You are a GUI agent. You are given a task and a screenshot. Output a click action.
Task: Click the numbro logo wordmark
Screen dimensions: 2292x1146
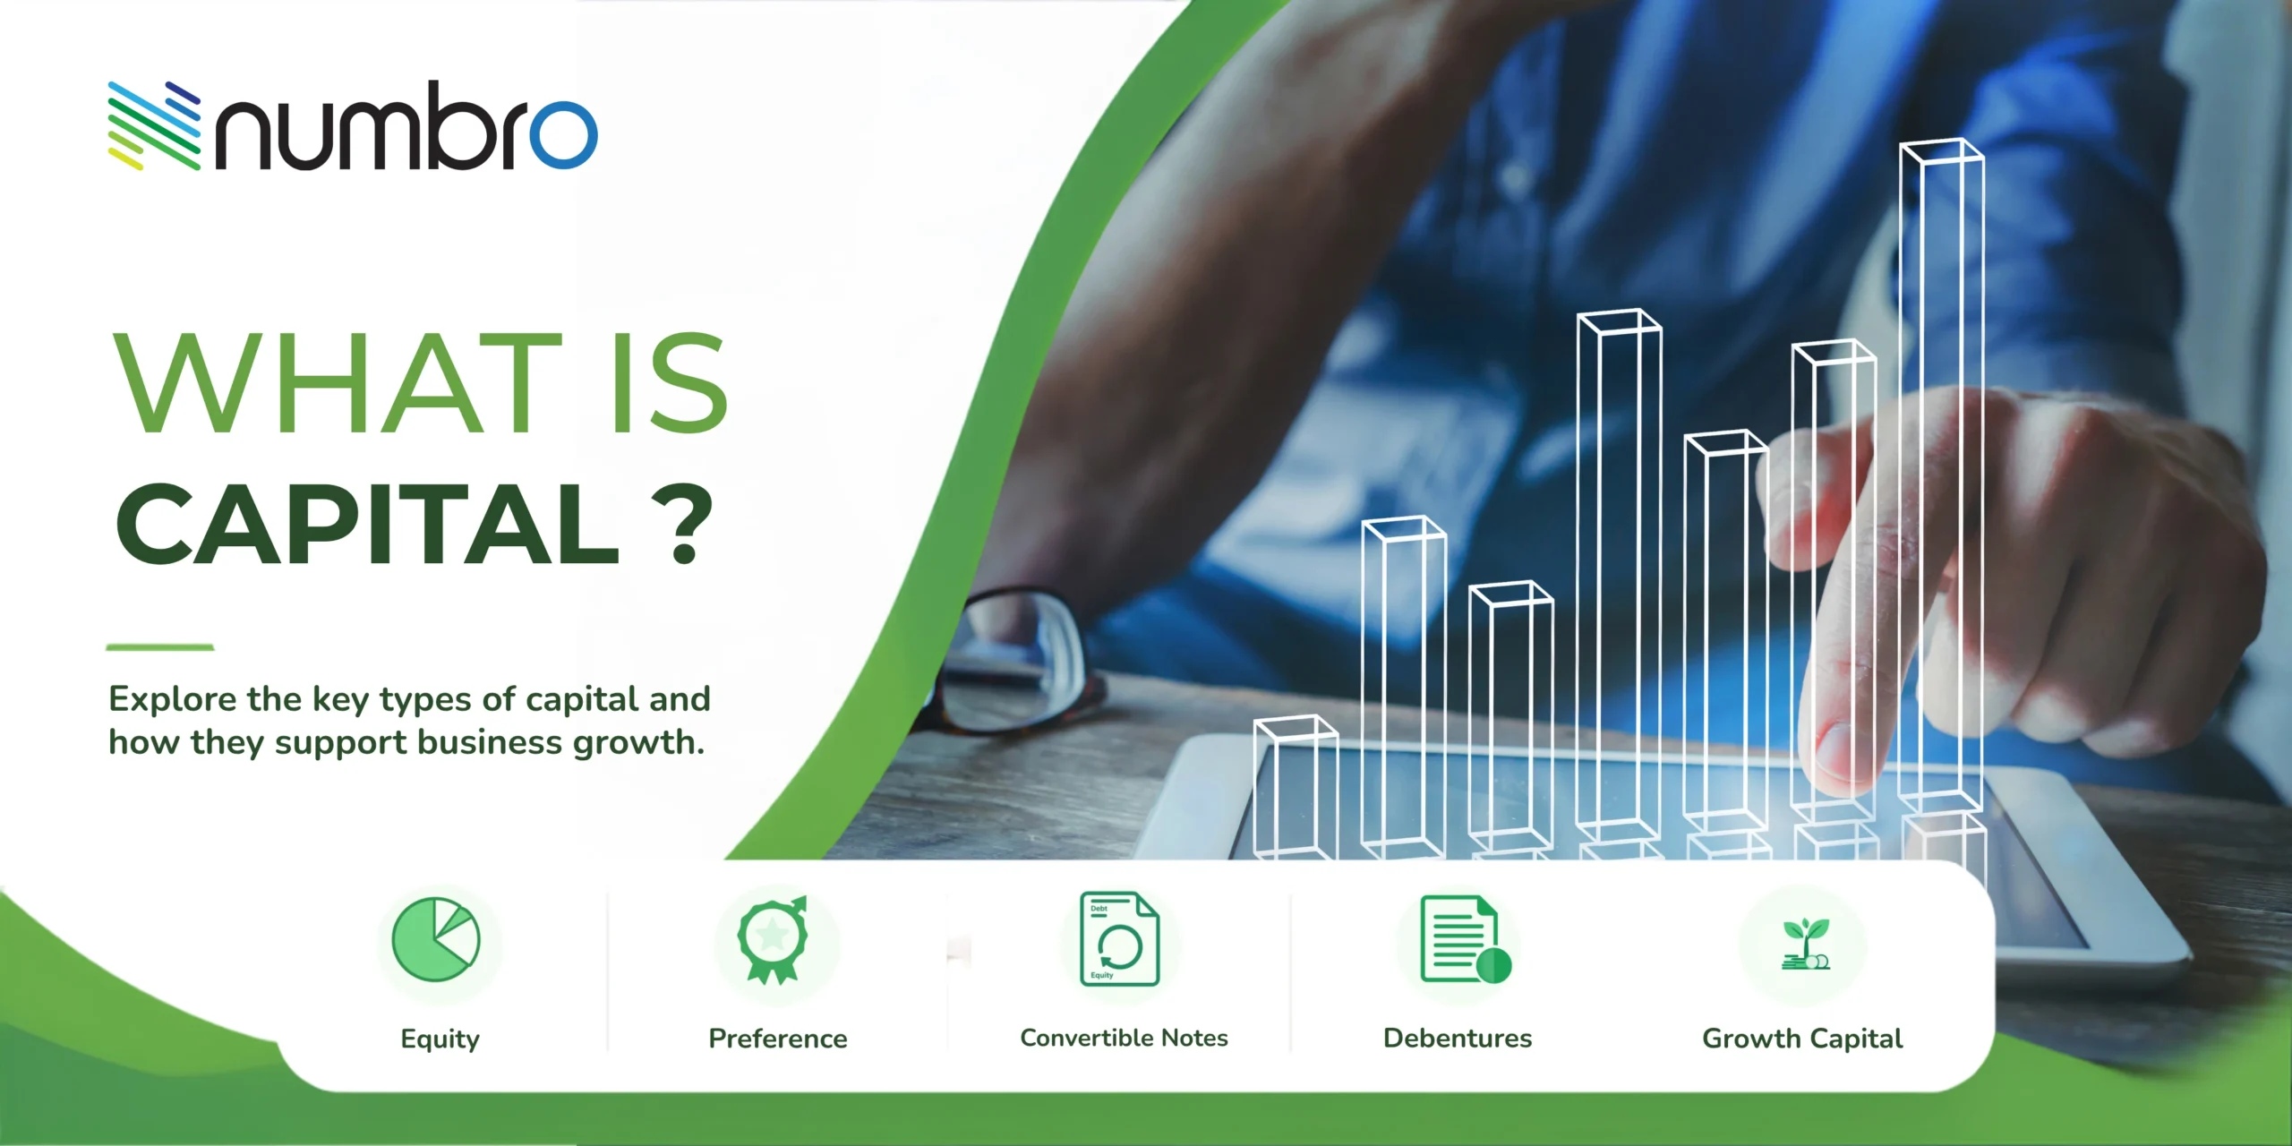[x=406, y=125]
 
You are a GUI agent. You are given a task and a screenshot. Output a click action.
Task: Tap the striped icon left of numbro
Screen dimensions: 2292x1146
[x=154, y=125]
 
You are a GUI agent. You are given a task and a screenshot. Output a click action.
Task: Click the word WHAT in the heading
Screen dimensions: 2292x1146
[x=338, y=382]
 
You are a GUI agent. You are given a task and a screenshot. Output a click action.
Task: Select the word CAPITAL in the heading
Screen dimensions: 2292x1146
[x=367, y=524]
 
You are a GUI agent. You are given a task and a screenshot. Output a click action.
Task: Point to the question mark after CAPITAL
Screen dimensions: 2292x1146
[x=684, y=524]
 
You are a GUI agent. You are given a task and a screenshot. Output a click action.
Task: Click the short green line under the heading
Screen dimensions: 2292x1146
[x=160, y=646]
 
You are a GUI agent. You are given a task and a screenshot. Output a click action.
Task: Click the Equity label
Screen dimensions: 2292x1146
[x=440, y=1039]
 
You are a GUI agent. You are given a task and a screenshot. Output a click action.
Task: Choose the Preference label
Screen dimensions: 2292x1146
[x=778, y=1039]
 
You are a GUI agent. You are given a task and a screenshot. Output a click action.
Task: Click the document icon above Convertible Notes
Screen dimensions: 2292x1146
[x=1119, y=939]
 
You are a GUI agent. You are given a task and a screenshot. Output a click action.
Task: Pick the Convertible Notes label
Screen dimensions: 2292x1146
[x=1124, y=1038]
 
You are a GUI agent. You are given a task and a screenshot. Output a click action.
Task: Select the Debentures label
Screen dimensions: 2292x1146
[x=1458, y=1039]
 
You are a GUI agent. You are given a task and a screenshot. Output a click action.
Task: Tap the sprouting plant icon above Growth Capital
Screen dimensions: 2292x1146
[x=1805, y=944]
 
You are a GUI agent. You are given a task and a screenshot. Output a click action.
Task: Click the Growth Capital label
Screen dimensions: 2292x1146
[x=1802, y=1039]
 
